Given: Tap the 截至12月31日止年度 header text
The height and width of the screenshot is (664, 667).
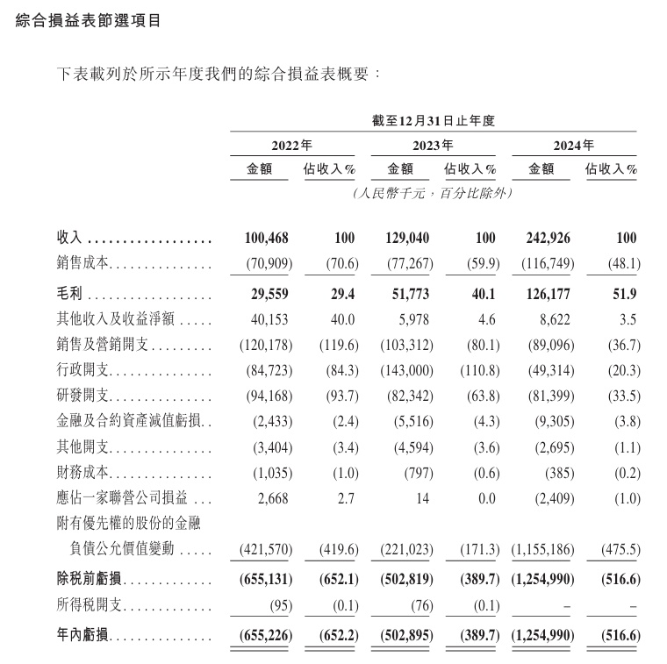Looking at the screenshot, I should point(434,121).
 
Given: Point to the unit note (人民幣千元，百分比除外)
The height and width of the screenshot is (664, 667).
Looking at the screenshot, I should point(433,192).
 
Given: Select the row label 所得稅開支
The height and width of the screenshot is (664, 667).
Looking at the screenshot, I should point(92,607).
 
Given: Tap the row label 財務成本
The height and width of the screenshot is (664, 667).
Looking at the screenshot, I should point(86,475).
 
